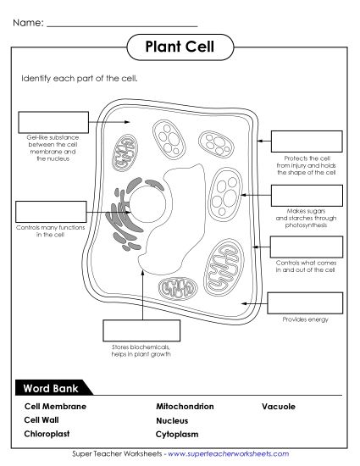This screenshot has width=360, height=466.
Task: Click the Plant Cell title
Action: pos(180,47)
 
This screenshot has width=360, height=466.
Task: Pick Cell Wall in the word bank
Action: pos(42,419)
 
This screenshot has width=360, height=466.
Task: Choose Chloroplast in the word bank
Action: pos(47,434)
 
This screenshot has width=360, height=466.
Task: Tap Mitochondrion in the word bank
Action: pos(185,407)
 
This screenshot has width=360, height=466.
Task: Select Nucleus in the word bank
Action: pos(172,420)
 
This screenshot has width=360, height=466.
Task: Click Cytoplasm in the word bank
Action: pos(176,434)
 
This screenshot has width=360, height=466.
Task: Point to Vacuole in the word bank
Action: pos(279,407)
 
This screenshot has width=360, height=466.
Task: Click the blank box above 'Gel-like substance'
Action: pos(51,122)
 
